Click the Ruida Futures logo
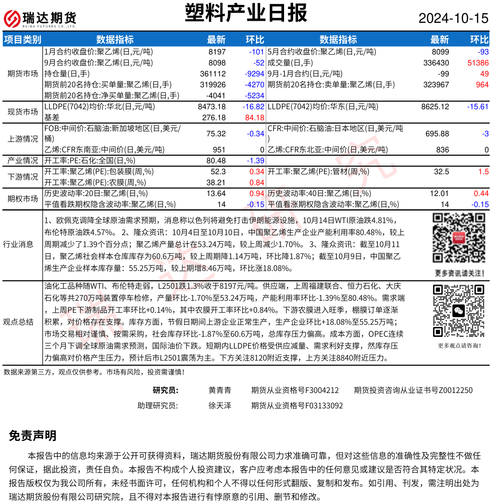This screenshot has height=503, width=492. pyautogui.click(x=40, y=18)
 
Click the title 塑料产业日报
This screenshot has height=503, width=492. pyautogui.click(x=246, y=13)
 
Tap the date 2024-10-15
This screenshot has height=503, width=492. pyautogui.click(x=453, y=18)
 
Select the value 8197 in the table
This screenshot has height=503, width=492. pyautogui.click(x=217, y=52)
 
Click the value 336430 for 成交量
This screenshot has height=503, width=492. pyautogui.click(x=436, y=63)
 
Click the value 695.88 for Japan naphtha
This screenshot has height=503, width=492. pyautogui.click(x=437, y=134)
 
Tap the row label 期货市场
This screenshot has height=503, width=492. pyautogui.click(x=23, y=73)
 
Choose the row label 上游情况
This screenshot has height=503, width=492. pyautogui.click(x=23, y=139)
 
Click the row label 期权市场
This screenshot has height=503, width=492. pyautogui.click(x=23, y=198)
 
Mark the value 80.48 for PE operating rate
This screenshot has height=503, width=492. pyautogui.click(x=216, y=161)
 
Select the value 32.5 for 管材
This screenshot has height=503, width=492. pyautogui.click(x=441, y=172)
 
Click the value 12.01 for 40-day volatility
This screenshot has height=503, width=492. pyautogui.click(x=439, y=193)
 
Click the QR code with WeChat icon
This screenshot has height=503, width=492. pyautogui.click(x=459, y=311)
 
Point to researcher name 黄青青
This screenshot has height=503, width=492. pyautogui.click(x=220, y=390)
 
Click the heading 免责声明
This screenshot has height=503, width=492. pyautogui.click(x=33, y=436)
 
